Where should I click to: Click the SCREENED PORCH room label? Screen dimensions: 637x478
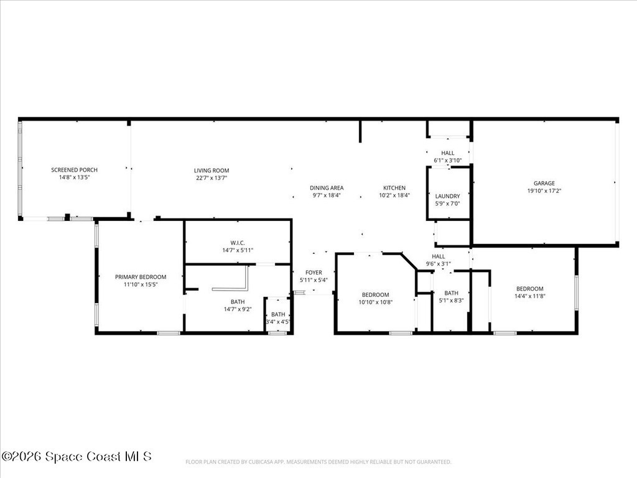[75, 170]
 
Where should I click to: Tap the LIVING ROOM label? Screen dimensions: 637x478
[212, 171]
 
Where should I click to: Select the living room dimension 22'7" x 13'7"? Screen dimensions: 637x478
[212, 178]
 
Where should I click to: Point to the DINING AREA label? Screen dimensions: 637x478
[327, 188]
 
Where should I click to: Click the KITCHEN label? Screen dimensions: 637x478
[394, 188]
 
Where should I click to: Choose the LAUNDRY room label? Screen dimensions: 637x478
[448, 196]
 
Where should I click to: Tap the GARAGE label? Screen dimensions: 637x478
[544, 184]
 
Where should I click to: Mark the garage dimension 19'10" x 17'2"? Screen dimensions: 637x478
[544, 190]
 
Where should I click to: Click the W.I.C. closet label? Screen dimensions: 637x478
[238, 243]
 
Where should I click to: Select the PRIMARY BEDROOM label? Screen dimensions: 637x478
[141, 277]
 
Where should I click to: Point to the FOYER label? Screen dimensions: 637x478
[314, 273]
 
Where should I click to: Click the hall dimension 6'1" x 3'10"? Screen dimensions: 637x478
[448, 161]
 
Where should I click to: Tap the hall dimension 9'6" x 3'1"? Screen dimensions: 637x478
[439, 264]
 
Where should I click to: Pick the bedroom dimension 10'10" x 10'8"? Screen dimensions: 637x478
[375, 302]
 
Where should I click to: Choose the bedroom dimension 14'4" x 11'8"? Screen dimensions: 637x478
[530, 296]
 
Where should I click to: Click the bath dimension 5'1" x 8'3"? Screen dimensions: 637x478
[452, 301]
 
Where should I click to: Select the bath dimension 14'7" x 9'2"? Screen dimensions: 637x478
[238, 309]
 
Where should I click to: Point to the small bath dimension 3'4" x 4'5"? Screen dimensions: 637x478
[278, 322]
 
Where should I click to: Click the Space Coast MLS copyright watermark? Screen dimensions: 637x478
[77, 456]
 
